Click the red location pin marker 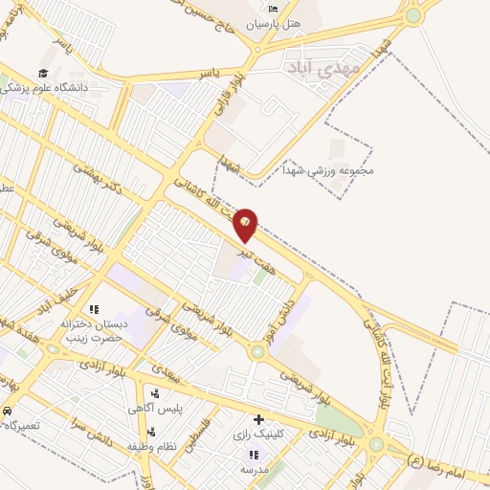click(246, 224)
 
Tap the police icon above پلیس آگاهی click(155, 393)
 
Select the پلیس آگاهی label click(155, 409)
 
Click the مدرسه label click(253, 470)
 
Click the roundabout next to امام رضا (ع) click(376, 444)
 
